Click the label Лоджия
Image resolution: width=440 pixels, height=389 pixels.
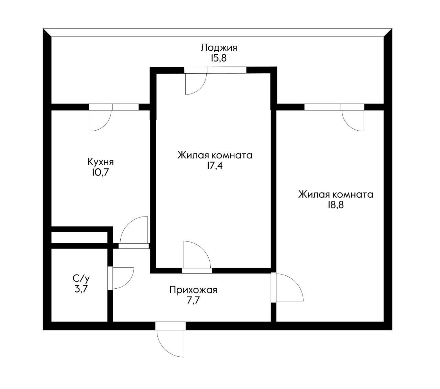[x=219, y=47]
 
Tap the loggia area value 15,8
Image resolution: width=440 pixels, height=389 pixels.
[x=219, y=58]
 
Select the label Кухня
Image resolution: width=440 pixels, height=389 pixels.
[x=101, y=162]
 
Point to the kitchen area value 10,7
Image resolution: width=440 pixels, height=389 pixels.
[x=100, y=172]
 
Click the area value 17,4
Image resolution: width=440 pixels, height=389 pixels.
[x=215, y=166]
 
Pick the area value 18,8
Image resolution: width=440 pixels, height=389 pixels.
[x=335, y=205]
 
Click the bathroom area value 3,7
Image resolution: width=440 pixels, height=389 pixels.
[x=81, y=288]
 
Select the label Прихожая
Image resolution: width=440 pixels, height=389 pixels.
[x=193, y=290]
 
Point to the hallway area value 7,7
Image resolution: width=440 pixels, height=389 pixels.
[x=193, y=301]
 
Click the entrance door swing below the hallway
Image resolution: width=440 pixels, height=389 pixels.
[x=170, y=342]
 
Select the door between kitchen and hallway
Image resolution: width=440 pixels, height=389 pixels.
[x=134, y=232]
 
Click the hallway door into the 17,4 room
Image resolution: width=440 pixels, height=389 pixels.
[x=196, y=256]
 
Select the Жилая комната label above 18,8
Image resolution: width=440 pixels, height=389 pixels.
[x=335, y=194]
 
